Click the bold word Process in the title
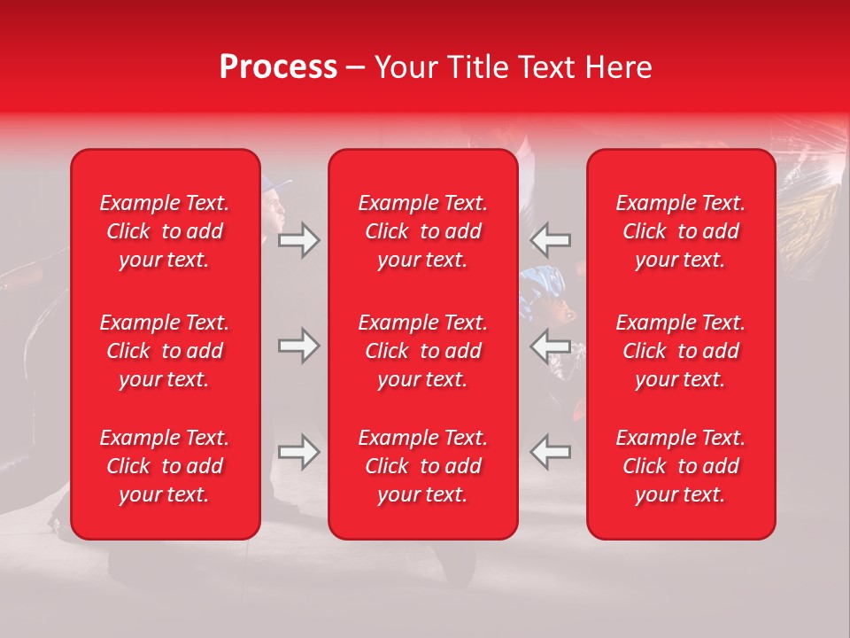(x=278, y=67)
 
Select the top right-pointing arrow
(x=299, y=240)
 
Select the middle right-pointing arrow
(x=299, y=346)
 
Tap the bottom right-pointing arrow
(x=299, y=452)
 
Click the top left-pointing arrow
(x=551, y=240)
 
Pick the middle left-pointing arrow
(x=551, y=346)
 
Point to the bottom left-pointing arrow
(x=551, y=452)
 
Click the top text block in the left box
(x=165, y=231)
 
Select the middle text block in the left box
(x=165, y=351)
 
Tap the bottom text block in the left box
(x=165, y=466)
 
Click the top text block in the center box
(x=423, y=231)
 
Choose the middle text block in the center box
(x=423, y=351)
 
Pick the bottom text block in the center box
(x=423, y=466)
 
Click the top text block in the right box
(x=681, y=231)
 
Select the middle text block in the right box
(x=681, y=351)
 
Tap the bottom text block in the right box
(x=681, y=466)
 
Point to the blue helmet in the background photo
(x=544, y=286)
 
